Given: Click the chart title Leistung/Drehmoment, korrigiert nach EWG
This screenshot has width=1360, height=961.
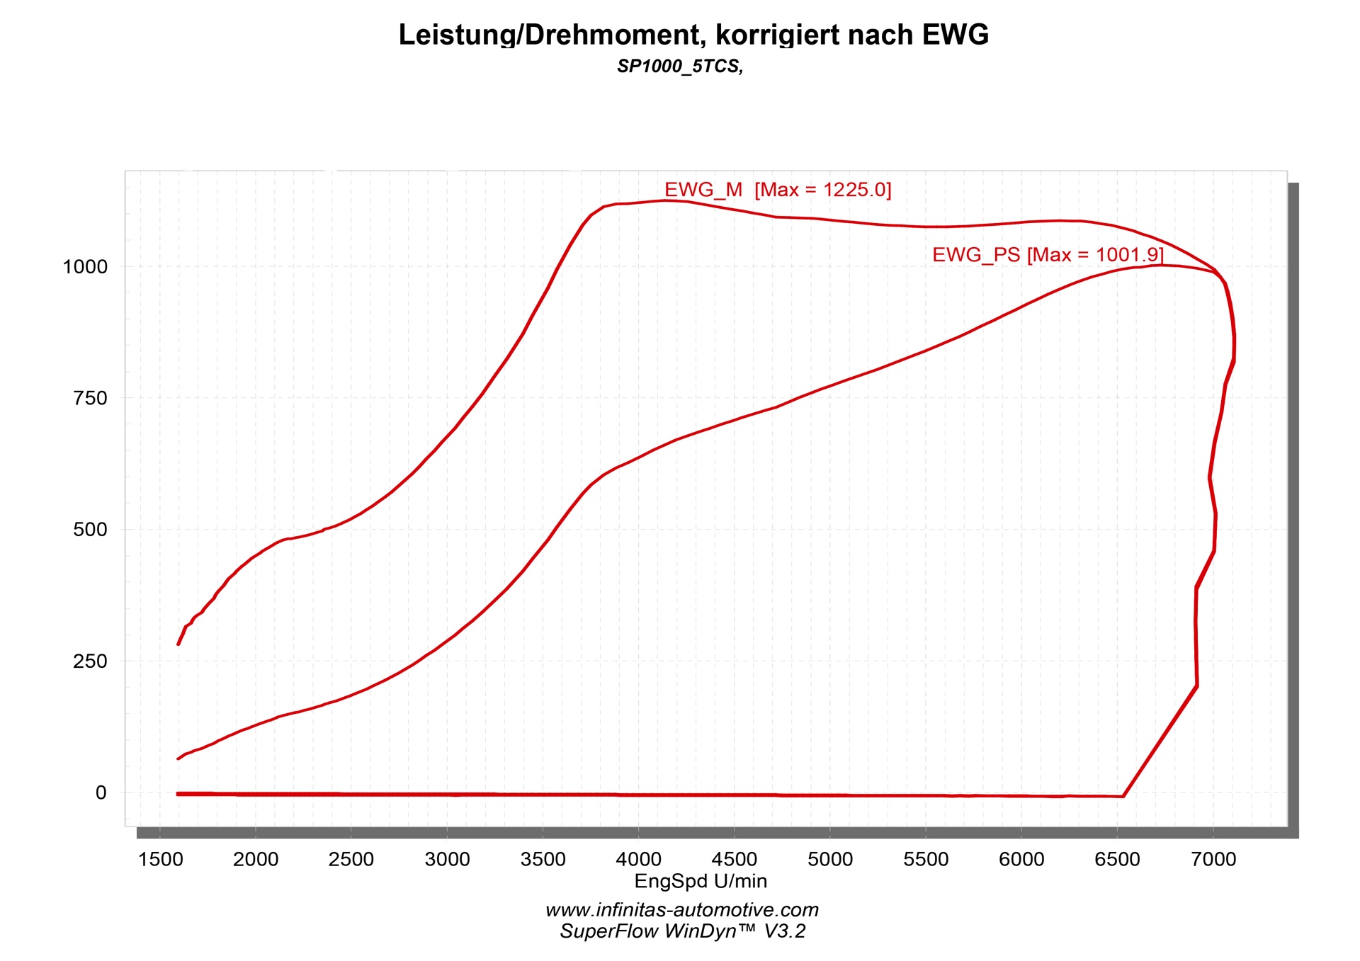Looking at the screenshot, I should (x=693, y=35).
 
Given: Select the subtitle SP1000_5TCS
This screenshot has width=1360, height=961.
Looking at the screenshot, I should (x=679, y=67).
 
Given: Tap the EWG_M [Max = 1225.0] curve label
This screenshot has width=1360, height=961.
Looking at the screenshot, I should (x=777, y=190).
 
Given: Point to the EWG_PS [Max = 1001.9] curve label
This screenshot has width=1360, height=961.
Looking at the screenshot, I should (x=1047, y=255).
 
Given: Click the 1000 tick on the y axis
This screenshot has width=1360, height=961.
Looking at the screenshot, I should (x=85, y=267).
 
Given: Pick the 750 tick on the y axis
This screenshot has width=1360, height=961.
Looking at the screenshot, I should (x=90, y=398).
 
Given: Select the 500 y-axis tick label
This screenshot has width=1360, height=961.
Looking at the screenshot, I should (x=90, y=530).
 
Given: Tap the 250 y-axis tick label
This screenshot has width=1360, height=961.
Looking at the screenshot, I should (x=90, y=661).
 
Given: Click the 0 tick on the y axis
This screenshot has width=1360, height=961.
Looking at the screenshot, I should (x=101, y=792).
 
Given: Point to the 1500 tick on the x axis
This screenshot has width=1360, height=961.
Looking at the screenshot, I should (x=160, y=860).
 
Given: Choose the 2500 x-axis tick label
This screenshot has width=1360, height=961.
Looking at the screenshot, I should (x=351, y=860).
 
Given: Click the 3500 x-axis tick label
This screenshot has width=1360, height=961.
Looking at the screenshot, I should (x=543, y=860).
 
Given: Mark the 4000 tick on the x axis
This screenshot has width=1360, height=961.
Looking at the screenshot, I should (x=638, y=860).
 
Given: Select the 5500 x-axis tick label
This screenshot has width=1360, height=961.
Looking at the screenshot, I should (x=926, y=860).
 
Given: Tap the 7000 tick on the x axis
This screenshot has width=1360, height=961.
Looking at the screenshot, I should (x=1213, y=860).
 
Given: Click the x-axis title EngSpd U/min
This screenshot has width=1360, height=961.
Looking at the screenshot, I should (x=701, y=881).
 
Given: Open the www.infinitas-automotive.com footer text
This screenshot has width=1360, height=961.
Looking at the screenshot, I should (x=682, y=910).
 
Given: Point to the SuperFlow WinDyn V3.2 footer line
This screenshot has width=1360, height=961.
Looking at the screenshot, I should (x=682, y=931).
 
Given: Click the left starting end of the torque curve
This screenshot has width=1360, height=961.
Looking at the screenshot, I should (x=178, y=643).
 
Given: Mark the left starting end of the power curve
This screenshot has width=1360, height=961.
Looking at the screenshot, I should (x=178, y=758).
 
